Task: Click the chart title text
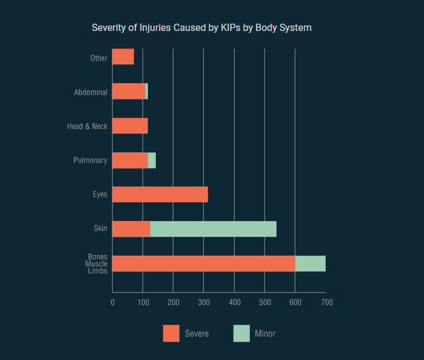pos(201,28)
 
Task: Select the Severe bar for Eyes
pos(160,194)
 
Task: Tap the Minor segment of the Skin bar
pos(214,229)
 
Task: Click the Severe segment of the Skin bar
pos(131,229)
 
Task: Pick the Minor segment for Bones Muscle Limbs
pos(311,263)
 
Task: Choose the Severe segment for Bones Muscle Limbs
pos(204,263)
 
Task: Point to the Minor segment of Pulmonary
pos(152,160)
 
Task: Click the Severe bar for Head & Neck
pos(130,126)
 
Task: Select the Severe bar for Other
pos(123,57)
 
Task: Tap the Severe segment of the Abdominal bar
pos(129,91)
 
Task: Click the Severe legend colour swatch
pos(171,333)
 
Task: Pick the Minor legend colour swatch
pos(241,333)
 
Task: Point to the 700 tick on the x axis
pos(326,302)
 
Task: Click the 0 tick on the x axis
pos(112,302)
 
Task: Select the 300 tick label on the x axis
pos(204,302)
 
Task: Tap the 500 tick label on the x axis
pos(264,302)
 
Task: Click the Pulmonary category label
pos(90,160)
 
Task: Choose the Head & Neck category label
pos(87,126)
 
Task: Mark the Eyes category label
pos(100,195)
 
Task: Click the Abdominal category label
pos(90,92)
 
